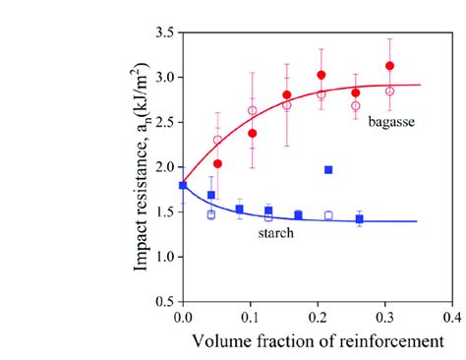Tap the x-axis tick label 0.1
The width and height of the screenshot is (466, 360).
pos(250,319)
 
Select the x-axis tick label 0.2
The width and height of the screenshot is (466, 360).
pos(318,319)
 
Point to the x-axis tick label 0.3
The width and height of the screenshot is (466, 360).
pos(384,319)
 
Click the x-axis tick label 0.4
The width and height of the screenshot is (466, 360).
pos(452,319)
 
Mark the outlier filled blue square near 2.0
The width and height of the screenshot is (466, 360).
pos(328,170)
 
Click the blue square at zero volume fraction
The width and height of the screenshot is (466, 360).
pos(183,185)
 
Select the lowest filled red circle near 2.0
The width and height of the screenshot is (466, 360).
pos(217,163)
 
